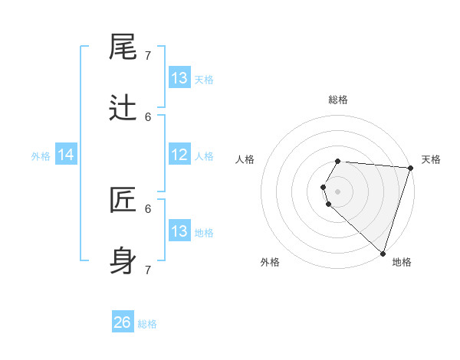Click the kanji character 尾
(124, 47)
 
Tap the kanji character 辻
(124, 109)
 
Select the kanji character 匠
(124, 201)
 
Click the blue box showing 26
(123, 322)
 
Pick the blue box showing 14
(66, 155)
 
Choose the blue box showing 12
(179, 155)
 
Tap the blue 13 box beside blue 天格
(179, 78)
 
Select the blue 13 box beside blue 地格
(179, 231)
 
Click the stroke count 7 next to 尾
(148, 55)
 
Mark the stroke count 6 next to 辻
(148, 116)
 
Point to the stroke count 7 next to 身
(148, 270)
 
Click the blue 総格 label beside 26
(147, 324)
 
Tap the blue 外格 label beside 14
(41, 156)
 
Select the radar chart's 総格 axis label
(338, 100)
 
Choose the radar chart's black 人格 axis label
(245, 159)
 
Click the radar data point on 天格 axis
(410, 168)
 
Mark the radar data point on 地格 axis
(383, 253)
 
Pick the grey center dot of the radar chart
(338, 191)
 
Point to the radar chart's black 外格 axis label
(270, 262)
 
